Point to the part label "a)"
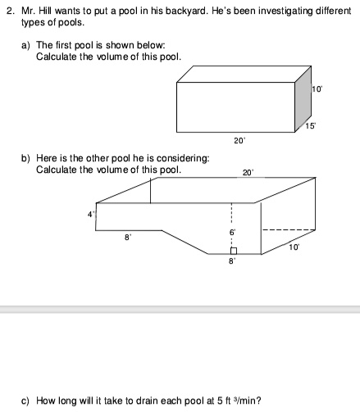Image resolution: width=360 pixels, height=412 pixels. [x=26, y=47]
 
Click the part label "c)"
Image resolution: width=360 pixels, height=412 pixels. [x=26, y=401]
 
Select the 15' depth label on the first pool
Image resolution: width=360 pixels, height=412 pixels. [x=311, y=125]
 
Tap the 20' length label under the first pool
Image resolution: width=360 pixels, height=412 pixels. [x=239, y=142]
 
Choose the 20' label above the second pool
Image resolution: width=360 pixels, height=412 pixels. [x=248, y=173]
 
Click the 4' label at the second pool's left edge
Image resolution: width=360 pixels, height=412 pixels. [x=91, y=215]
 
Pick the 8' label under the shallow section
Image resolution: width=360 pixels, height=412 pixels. [x=127, y=238]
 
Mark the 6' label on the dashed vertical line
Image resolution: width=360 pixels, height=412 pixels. [x=232, y=233]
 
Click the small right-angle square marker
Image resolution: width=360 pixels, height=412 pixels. [x=233, y=251]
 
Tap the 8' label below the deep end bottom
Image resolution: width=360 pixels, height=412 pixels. [x=232, y=262]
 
